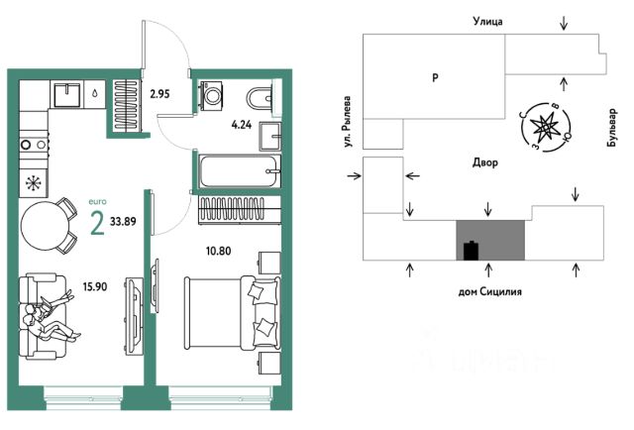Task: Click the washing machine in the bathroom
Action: tap(210, 95)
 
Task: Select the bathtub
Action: tap(240, 171)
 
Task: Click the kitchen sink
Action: tap(67, 95)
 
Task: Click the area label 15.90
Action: tap(95, 286)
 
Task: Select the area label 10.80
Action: tap(218, 251)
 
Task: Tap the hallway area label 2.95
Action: tap(159, 94)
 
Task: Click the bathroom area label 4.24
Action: tap(242, 125)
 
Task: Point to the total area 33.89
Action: tap(123, 221)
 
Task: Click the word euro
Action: tap(97, 201)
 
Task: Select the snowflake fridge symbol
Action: tap(34, 183)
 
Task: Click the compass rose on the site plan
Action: tap(545, 127)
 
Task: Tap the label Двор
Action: tap(485, 163)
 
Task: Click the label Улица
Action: tap(488, 21)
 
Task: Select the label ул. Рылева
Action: tap(347, 121)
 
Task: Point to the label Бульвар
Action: tap(612, 128)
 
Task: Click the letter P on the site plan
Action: tap(435, 77)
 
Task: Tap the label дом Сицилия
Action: tap(489, 291)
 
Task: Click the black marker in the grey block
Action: tap(472, 250)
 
